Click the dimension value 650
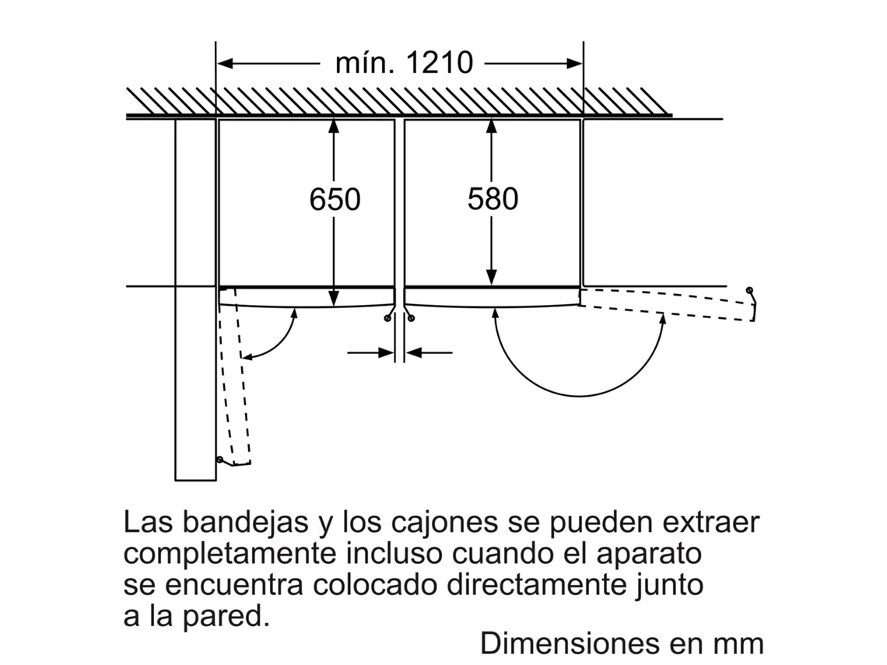(335, 199)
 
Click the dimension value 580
(493, 199)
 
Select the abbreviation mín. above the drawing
(362, 62)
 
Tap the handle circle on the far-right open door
(749, 291)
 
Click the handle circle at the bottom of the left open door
(220, 460)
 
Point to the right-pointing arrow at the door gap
(372, 353)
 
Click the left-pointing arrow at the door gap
(428, 353)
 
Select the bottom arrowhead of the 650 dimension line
(333, 299)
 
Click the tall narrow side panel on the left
(195, 299)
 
